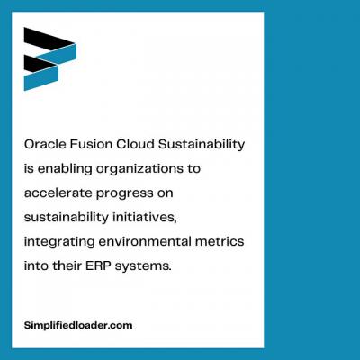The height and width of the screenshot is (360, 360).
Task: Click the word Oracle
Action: tap(45, 144)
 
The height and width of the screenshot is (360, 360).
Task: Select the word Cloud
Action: tap(135, 144)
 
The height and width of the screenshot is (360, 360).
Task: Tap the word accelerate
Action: tap(58, 193)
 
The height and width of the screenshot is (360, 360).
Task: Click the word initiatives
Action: tap(144, 218)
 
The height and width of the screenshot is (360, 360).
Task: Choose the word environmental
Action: tap(145, 241)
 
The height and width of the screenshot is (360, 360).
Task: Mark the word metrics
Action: tap(220, 241)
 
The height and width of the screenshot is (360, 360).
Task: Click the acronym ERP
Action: tap(98, 265)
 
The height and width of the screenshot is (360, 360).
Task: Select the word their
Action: tap(67, 265)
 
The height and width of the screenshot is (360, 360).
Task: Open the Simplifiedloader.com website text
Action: tap(78, 326)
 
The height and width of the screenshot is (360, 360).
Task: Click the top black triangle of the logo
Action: tap(44, 39)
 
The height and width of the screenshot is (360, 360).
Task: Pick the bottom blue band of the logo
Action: tap(41, 77)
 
